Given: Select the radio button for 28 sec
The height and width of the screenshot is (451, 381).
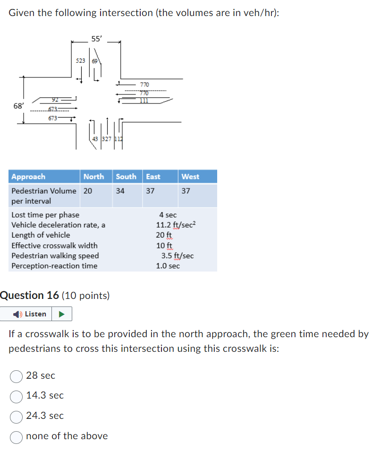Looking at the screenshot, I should click(17, 376).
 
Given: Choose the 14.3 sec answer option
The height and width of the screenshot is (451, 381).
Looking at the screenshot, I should click(17, 396).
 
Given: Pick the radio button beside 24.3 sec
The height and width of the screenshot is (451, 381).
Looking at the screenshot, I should click(17, 416).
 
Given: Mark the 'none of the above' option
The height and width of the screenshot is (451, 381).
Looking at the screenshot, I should click(17, 436).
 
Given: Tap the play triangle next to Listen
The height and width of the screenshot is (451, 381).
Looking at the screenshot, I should click(61, 314).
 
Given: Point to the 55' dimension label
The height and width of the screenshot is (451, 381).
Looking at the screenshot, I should click(96, 39).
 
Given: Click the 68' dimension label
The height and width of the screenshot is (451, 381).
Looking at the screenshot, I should click(18, 106).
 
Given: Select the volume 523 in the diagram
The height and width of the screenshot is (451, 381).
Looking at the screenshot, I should click(81, 61).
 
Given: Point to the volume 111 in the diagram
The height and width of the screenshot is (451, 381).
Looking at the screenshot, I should click(144, 101).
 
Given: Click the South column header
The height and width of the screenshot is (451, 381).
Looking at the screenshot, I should click(126, 177).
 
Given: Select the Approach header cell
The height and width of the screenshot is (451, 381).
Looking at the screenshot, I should click(28, 177).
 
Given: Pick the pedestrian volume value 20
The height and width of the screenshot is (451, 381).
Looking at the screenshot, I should click(88, 191).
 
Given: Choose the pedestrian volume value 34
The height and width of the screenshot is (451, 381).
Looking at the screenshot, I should click(120, 191).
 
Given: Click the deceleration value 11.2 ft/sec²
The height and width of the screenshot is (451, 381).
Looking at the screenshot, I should click(175, 225).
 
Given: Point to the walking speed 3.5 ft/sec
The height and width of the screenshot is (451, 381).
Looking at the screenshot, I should click(177, 256).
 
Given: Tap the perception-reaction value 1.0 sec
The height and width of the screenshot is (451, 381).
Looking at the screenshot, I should click(168, 266).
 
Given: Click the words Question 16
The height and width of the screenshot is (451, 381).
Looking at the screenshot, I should click(30, 296).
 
